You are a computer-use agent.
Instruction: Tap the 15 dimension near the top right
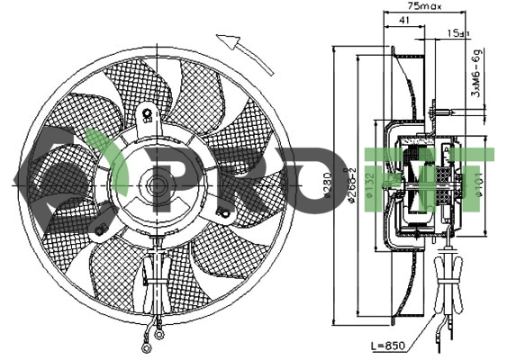pyautogui.click(x=457, y=33)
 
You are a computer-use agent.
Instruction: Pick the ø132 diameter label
pyautogui.click(x=369, y=185)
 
